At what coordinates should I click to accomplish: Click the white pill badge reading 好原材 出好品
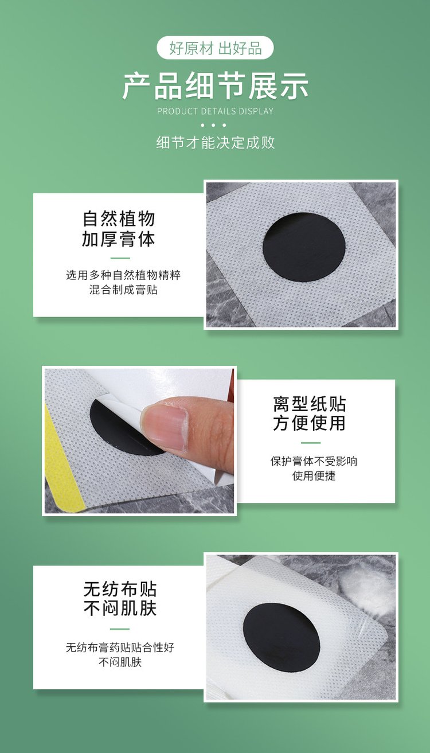[x=216, y=48]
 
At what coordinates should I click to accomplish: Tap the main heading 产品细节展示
[x=216, y=86]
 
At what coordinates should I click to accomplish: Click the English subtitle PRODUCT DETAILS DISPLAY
[x=216, y=111]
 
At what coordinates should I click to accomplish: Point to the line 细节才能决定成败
[x=216, y=143]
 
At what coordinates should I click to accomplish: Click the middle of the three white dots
[x=213, y=125]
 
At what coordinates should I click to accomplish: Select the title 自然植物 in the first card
[x=119, y=219]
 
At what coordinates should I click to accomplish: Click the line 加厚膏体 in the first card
[x=119, y=239]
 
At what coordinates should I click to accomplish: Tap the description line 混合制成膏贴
[x=123, y=290]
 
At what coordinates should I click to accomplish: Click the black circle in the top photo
[x=304, y=247]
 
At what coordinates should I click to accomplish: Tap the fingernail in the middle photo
[x=165, y=426]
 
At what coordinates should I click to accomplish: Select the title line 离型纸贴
[x=310, y=404]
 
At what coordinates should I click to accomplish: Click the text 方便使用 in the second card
[x=310, y=423]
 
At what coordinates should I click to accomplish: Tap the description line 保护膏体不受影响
[x=314, y=461]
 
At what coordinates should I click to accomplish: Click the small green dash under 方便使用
[x=310, y=443]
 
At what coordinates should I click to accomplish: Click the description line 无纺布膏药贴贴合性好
[x=120, y=647]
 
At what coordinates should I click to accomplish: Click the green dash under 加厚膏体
[x=120, y=258]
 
